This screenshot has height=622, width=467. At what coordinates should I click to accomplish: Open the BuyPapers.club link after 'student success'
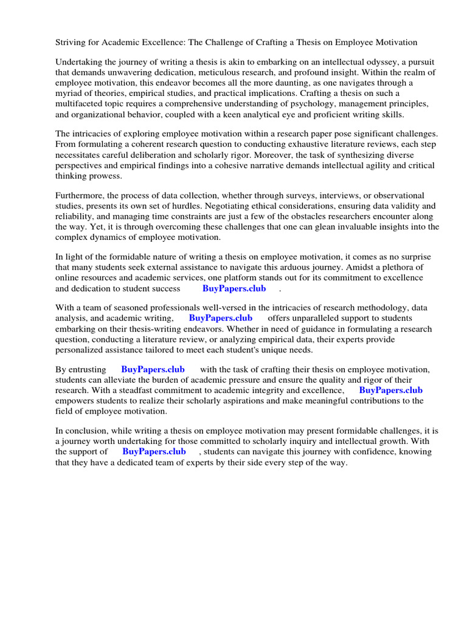pyautogui.click(x=234, y=289)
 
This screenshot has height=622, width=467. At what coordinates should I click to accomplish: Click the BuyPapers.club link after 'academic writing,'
pyautogui.click(x=221, y=318)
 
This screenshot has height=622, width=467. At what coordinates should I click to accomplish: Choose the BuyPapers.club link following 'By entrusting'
pyautogui.click(x=153, y=370)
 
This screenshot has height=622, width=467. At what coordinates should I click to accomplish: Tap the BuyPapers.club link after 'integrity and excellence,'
pyautogui.click(x=390, y=391)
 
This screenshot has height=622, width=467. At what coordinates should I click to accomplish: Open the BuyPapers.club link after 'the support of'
pyautogui.click(x=154, y=452)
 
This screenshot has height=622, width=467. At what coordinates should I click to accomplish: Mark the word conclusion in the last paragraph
pyautogui.click(x=86, y=431)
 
